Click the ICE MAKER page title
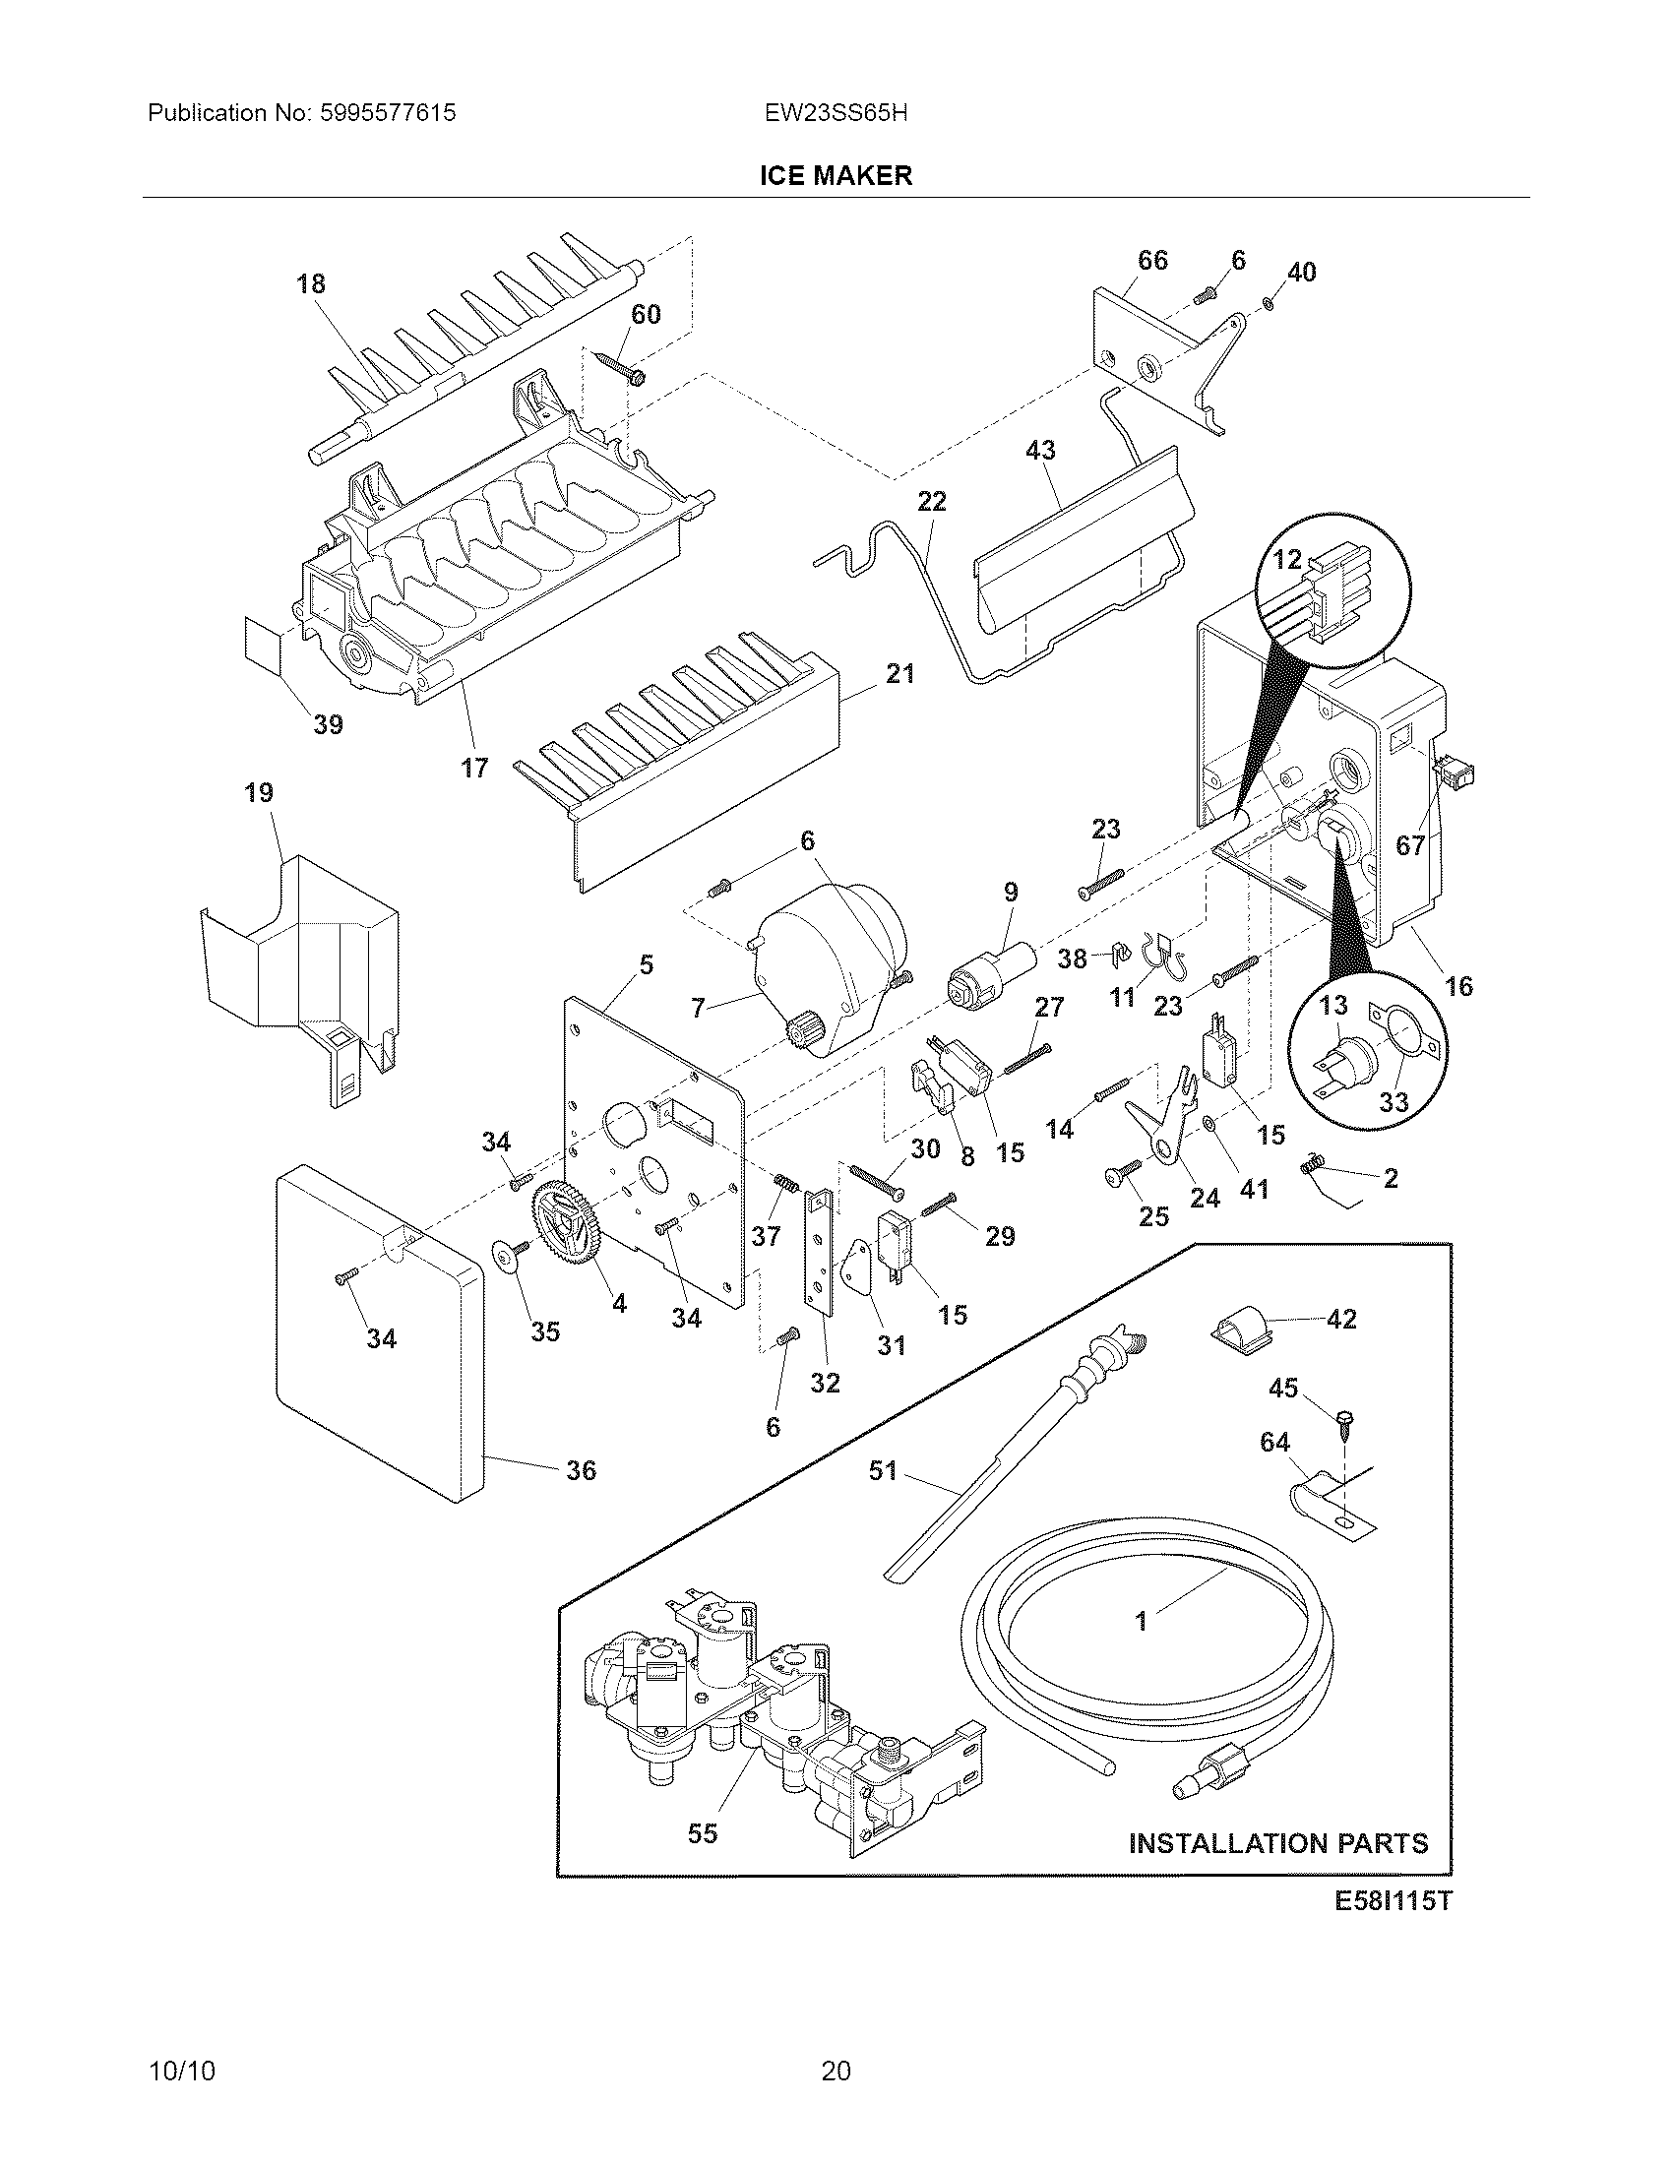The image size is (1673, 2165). pyautogui.click(x=835, y=176)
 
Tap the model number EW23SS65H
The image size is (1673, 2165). pyautogui.click(x=835, y=113)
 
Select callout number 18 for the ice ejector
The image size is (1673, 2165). pyautogui.click(x=310, y=284)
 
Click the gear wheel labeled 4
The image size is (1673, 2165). pyautogui.click(x=566, y=1225)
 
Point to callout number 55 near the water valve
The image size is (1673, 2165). pyautogui.click(x=702, y=1834)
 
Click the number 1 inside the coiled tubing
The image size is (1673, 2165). pyautogui.click(x=1141, y=1621)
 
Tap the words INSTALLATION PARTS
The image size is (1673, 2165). pyautogui.click(x=1278, y=1844)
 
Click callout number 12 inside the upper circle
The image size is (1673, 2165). pyautogui.click(x=1286, y=560)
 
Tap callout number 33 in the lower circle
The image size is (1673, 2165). pyautogui.click(x=1393, y=1102)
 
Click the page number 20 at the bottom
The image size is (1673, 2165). pyautogui.click(x=835, y=2070)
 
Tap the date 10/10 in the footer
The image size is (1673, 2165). pyautogui.click(x=181, y=2070)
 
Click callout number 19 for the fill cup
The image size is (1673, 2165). pyautogui.click(x=259, y=793)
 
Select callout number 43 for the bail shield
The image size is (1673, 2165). pyautogui.click(x=1039, y=450)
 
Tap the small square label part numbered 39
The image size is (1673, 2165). pyautogui.click(x=263, y=643)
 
